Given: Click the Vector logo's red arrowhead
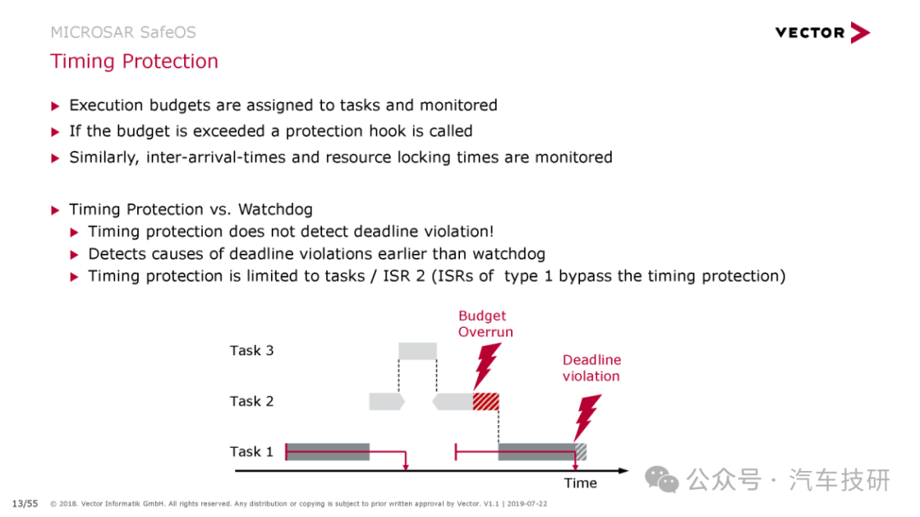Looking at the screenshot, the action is click(x=860, y=33).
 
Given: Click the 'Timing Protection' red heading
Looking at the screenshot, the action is click(x=135, y=61).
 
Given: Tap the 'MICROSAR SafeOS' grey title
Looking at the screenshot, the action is click(x=124, y=32).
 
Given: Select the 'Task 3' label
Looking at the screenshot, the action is click(x=251, y=350).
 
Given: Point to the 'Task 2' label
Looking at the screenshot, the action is click(x=251, y=401).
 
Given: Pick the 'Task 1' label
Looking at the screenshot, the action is click(x=251, y=451).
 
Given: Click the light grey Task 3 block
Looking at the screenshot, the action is click(x=417, y=351).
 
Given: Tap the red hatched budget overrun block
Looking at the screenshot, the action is click(x=486, y=401).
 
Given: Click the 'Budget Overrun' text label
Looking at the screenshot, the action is click(x=486, y=324).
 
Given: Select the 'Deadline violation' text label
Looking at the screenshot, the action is click(x=591, y=368).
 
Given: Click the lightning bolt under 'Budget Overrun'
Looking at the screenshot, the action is click(x=487, y=366).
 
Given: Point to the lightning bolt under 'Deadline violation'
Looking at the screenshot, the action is click(x=587, y=417).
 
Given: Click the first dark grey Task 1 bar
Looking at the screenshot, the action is click(x=328, y=452).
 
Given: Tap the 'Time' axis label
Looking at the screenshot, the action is click(x=580, y=483).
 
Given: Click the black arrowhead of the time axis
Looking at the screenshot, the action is click(x=623, y=471).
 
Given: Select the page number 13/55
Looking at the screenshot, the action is click(x=26, y=503).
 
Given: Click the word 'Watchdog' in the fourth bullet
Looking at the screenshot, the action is click(x=276, y=210).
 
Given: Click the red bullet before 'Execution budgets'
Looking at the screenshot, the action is click(x=55, y=106).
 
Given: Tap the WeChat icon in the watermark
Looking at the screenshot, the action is click(x=662, y=480).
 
